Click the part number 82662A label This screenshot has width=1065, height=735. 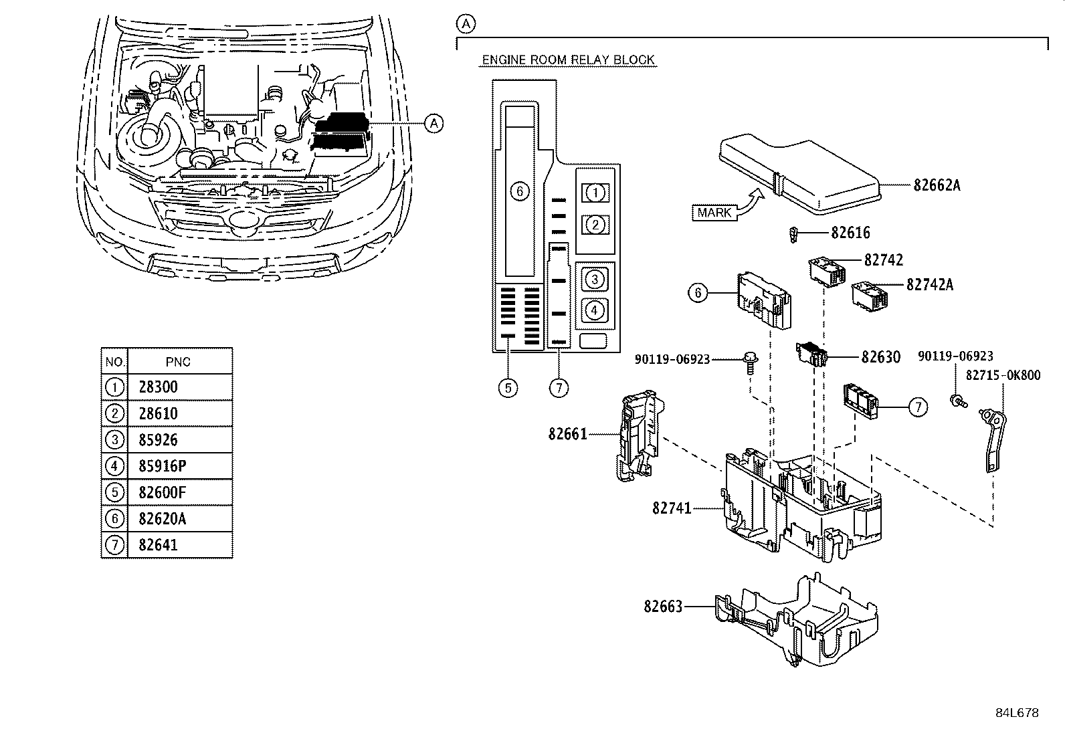[937, 185]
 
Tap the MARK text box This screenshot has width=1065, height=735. [714, 213]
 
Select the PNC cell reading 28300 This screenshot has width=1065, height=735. [159, 387]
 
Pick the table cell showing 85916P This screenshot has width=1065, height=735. [162, 466]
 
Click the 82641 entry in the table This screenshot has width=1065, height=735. [159, 545]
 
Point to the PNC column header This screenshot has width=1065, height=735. [178, 362]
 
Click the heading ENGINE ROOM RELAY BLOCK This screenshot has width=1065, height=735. [569, 60]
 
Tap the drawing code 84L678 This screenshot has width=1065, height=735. [1017, 713]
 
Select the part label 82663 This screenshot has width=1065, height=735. [663, 607]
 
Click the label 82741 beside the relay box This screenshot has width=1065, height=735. [672, 509]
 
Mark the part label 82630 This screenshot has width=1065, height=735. [880, 357]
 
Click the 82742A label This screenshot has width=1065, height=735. [930, 284]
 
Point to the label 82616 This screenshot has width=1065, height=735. [850, 233]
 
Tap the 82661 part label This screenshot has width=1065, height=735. [567, 434]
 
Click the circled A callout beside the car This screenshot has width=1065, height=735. [435, 123]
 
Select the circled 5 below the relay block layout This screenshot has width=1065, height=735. [508, 387]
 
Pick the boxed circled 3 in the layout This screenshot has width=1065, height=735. [595, 278]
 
